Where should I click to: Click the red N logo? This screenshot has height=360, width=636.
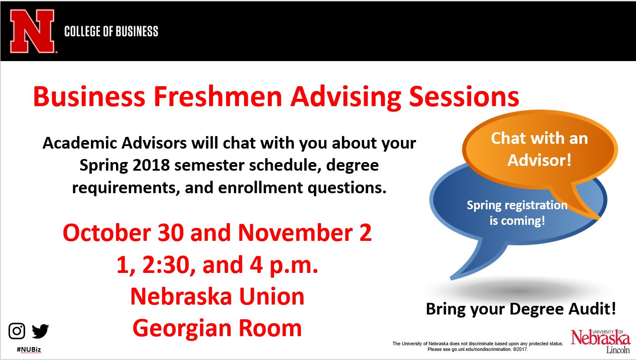pyautogui.click(x=32, y=31)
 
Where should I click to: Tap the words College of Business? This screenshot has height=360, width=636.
pyautogui.click(x=111, y=31)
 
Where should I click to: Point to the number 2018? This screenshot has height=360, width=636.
pyautogui.click(x=151, y=165)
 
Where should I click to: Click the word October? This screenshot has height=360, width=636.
pyautogui.click(x=107, y=233)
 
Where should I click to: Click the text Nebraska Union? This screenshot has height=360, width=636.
pyautogui.click(x=217, y=296)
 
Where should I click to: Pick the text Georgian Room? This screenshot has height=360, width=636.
pyautogui.click(x=217, y=328)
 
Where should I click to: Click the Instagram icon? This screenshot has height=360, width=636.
pyautogui.click(x=17, y=331)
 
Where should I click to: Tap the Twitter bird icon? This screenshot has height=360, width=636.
pyautogui.click(x=40, y=331)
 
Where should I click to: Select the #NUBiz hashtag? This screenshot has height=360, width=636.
pyautogui.click(x=29, y=349)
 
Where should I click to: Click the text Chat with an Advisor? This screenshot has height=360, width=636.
pyautogui.click(x=539, y=149)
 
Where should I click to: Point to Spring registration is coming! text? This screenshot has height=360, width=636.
pyautogui.click(x=517, y=213)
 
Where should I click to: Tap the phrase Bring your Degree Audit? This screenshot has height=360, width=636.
pyautogui.click(x=521, y=309)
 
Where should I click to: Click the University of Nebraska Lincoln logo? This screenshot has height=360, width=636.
pyautogui.click(x=600, y=341)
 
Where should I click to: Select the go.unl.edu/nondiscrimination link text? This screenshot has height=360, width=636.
pyautogui.click(x=481, y=350)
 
